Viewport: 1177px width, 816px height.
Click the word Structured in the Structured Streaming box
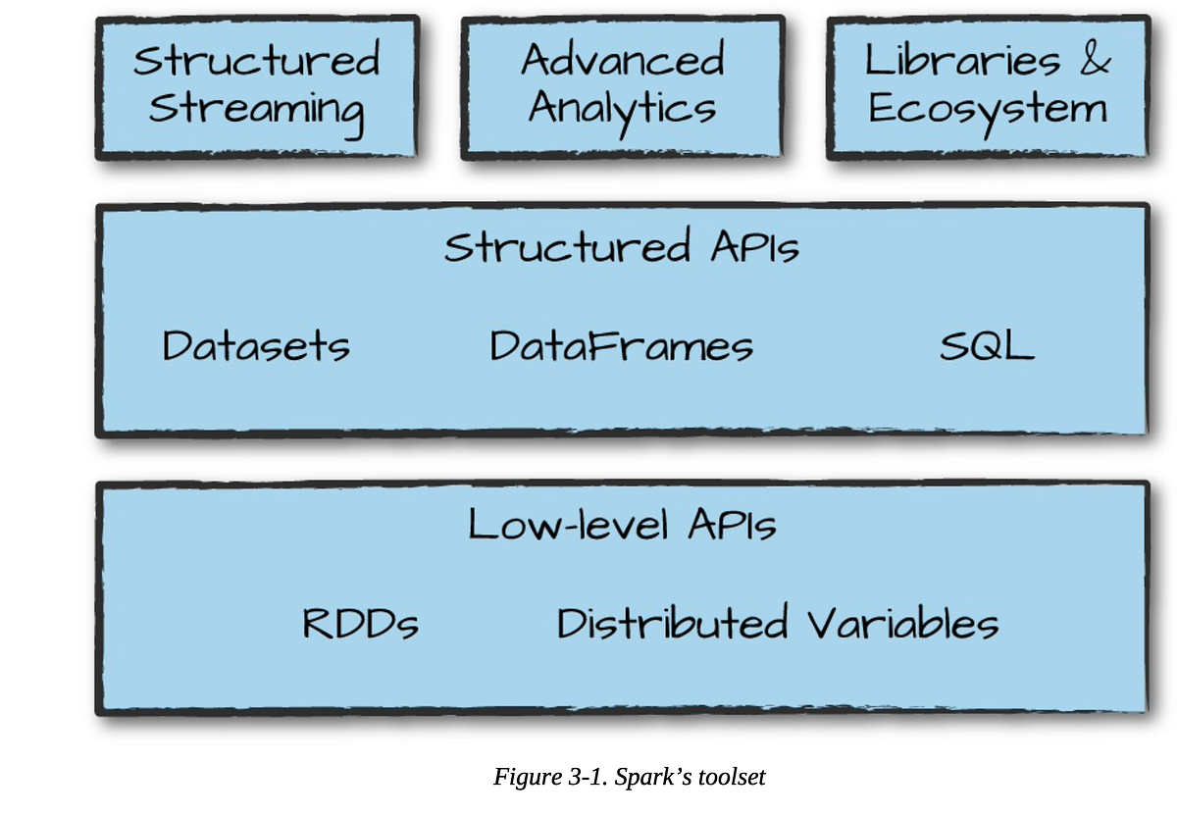coord(257,61)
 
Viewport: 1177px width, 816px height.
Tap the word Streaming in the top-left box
coord(257,109)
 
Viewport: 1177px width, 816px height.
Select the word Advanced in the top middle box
coord(623,61)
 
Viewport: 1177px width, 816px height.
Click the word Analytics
coord(623,109)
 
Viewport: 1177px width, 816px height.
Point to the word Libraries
coord(962,61)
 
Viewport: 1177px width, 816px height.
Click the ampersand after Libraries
coord(1096,61)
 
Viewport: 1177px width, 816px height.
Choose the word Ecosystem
coord(988,109)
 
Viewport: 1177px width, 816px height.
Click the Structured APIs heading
coord(622,247)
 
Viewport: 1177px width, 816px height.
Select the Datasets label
coord(256,346)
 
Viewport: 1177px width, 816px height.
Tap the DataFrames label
coord(622,346)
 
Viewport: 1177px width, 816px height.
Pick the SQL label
coord(987,346)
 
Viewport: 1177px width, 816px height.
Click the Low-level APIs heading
coord(622,525)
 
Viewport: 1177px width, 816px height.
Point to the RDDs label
coord(361,624)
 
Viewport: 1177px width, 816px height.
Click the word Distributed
coord(673,624)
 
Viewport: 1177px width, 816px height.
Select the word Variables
coord(903,624)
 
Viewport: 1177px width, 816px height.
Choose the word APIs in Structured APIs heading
coord(755,247)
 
